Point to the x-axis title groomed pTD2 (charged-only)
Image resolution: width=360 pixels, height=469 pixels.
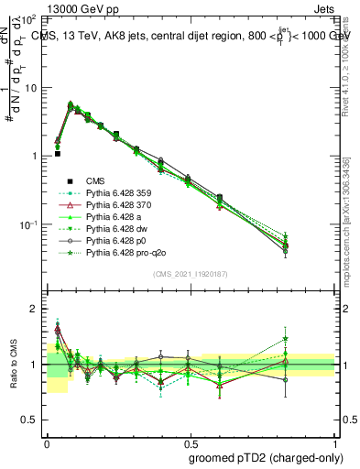point(267,455)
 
